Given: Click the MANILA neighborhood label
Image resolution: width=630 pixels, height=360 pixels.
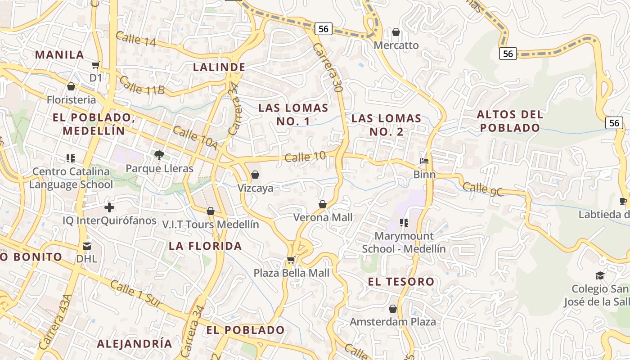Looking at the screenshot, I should point(59,55).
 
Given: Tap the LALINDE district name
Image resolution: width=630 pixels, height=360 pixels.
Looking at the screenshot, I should point(219,67).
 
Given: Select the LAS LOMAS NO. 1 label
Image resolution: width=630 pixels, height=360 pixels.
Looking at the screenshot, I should point(293,114).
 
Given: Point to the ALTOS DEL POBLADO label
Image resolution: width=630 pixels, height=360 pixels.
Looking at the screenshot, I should point(510,121).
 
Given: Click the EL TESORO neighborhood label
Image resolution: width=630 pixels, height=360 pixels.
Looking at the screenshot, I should point(401,282).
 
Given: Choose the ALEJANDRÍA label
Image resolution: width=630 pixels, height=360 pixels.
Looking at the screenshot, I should point(135,344).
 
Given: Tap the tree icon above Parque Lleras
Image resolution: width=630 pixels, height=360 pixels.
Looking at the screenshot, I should point(159,155).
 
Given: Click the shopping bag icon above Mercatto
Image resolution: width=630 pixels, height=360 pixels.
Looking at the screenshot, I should point(396,32).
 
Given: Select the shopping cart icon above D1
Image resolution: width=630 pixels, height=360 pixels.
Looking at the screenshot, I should point(95,65).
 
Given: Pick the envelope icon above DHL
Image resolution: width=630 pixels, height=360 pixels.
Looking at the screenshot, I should point(86,246).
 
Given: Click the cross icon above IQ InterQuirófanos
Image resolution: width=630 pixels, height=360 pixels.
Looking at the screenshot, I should point(109,207).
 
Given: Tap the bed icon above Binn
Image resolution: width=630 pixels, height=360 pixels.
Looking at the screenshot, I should point(424,161).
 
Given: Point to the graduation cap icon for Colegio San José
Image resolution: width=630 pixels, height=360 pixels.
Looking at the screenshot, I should point(600,275).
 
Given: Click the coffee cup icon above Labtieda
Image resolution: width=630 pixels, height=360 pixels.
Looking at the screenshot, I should point(623,201).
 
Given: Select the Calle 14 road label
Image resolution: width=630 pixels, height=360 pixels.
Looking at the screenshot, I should point(135,39).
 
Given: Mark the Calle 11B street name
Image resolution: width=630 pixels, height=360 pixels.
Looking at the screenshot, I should point(142,85).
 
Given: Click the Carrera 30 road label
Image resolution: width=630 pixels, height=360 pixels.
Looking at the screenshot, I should point(328,68).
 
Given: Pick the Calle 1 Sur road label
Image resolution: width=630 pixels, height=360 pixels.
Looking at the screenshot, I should point(135,294).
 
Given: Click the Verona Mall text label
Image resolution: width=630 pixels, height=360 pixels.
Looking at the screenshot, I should point(323,218).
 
